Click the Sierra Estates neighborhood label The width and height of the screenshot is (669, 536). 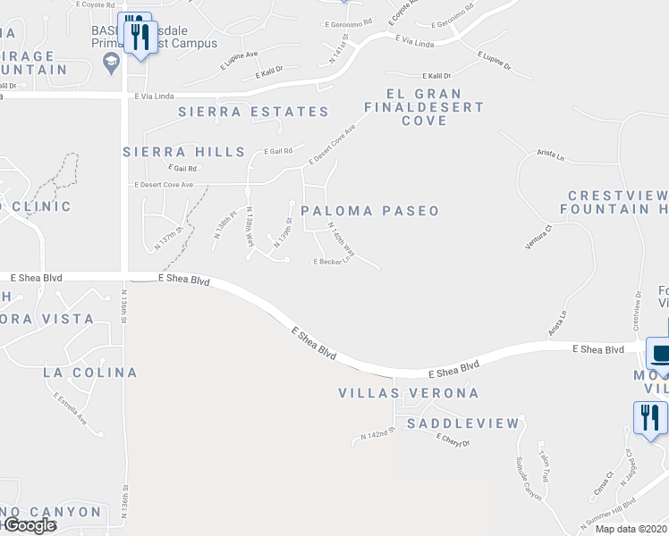[x=253, y=112]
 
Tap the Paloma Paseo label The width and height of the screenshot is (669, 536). [x=369, y=211]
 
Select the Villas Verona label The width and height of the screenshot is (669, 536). [x=409, y=393]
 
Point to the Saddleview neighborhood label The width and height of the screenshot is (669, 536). [x=462, y=423]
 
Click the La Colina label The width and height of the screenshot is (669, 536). [x=89, y=372]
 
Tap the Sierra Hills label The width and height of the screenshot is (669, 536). [x=184, y=152]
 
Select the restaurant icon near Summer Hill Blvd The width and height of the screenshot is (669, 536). [x=649, y=418]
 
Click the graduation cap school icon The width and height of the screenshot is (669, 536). [x=112, y=62]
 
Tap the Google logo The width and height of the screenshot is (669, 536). [x=29, y=526]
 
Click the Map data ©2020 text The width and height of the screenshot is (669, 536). [x=631, y=529]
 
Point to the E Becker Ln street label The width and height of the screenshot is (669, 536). [x=329, y=262]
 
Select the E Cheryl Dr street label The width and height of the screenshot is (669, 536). [x=453, y=440]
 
